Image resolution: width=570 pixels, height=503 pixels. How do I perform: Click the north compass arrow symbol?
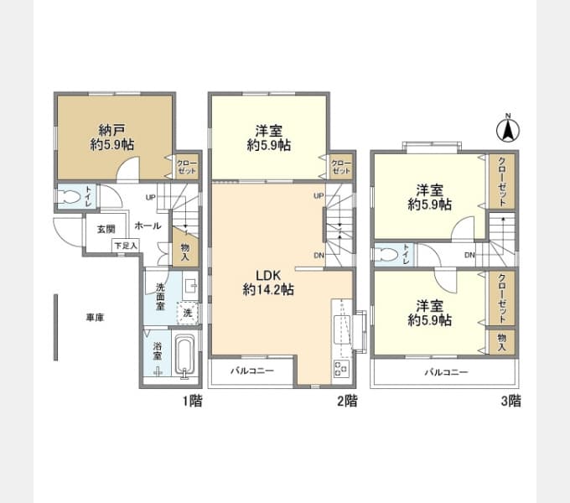coord(508,129)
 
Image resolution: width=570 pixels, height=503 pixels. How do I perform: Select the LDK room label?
coord(268,276)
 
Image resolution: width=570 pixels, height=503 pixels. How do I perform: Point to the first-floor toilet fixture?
coord(70,197)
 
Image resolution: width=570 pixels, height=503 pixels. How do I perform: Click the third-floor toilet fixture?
coord(386,254)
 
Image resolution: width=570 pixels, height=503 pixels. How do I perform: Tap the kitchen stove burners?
coord(341,368)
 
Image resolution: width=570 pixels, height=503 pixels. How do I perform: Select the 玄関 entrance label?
coord(106,229)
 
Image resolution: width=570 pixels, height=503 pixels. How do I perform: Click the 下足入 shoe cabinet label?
coord(126,246)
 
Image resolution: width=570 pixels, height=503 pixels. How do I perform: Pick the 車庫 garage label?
coord(95,318)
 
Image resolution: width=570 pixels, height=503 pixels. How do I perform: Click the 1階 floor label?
coord(192,401)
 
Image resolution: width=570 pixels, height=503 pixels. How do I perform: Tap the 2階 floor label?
coord(347,401)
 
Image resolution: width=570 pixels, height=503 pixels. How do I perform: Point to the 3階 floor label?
coord(510,401)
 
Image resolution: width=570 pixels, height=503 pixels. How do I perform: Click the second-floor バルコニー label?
coord(252,371)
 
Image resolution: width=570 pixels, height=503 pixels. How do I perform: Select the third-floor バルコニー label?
coord(447,372)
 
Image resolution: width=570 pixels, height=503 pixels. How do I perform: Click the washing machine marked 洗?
coord(188,313)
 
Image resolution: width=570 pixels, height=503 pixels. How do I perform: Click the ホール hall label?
coord(148,226)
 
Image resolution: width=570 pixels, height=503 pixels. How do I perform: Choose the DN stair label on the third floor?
coord(469,255)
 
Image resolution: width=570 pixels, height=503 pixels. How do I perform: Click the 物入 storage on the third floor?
coord(501,342)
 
